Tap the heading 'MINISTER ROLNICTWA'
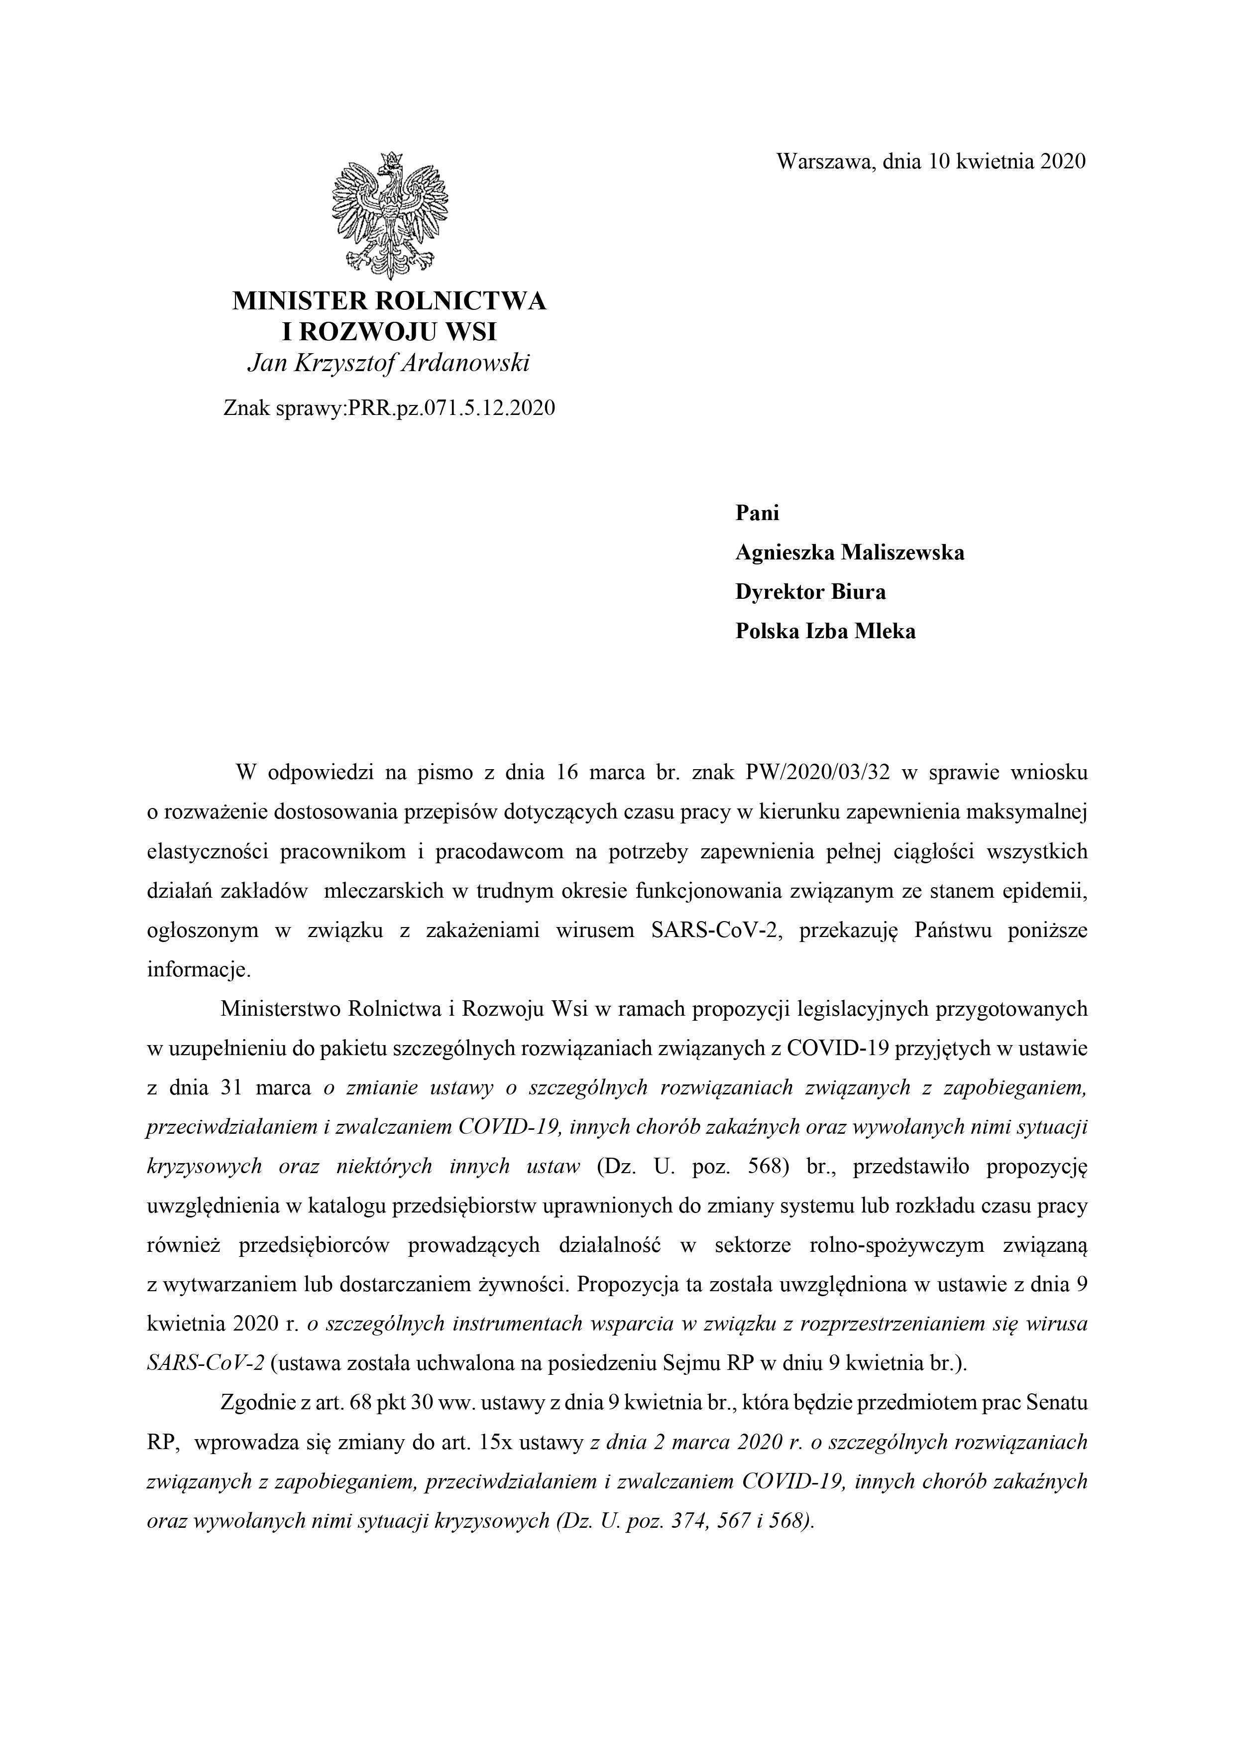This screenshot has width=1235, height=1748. [389, 301]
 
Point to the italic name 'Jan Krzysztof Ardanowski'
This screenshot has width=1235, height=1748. [389, 364]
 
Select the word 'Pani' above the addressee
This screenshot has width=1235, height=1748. [757, 513]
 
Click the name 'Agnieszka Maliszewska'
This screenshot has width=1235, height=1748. [849, 553]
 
